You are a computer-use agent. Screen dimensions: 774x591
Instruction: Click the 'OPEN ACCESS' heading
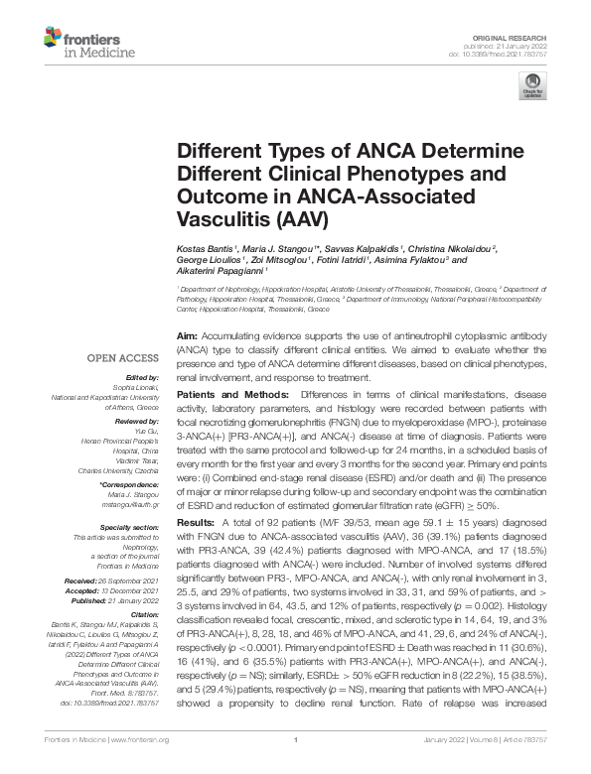point(122,357)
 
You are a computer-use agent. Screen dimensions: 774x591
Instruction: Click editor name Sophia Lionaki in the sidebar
point(135,386)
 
